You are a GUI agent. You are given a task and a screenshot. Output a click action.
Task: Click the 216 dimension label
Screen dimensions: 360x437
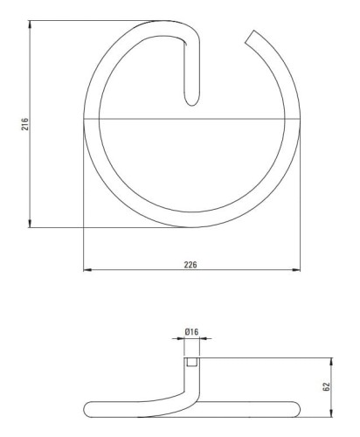pyautogui.click(x=25, y=124)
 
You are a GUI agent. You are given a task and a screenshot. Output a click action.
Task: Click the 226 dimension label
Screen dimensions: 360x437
pyautogui.click(x=190, y=265)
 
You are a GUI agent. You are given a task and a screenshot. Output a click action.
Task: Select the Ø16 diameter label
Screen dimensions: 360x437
pyautogui.click(x=191, y=331)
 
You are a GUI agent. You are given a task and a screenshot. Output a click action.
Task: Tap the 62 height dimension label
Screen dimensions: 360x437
pyautogui.click(x=326, y=386)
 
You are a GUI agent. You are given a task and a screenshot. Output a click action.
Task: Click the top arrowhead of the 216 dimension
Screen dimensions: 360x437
pyautogui.click(x=30, y=24)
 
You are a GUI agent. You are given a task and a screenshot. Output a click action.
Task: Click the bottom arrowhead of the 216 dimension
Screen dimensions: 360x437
pyautogui.click(x=30, y=224)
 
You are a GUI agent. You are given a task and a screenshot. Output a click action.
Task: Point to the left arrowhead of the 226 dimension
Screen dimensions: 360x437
pyautogui.click(x=87, y=270)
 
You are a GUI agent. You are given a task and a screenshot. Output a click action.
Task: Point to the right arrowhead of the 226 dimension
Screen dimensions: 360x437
pyautogui.click(x=296, y=270)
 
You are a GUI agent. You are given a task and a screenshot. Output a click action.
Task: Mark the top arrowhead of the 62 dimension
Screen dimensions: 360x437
pyautogui.click(x=331, y=361)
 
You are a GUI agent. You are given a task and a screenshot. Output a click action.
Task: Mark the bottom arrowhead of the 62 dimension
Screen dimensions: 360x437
pyautogui.click(x=331, y=413)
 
